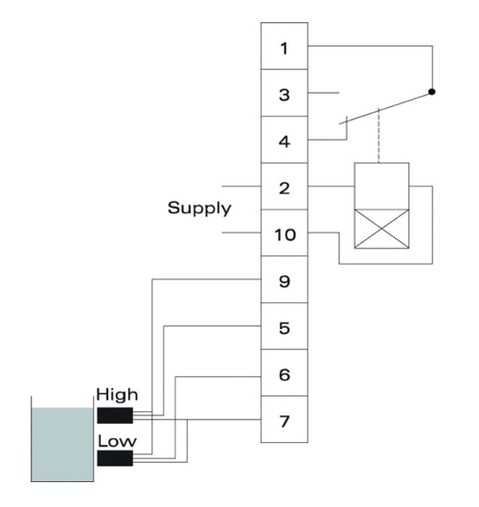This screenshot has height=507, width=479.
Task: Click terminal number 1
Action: (285, 46)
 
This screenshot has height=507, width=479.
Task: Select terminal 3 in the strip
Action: (285, 93)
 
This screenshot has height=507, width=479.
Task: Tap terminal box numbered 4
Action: (285, 140)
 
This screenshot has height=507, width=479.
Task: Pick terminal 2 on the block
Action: (285, 187)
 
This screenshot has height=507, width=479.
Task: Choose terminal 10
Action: (285, 232)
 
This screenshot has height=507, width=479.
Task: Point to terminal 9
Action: (285, 279)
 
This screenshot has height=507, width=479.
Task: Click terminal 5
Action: (285, 326)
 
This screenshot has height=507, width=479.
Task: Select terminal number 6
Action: (285, 373)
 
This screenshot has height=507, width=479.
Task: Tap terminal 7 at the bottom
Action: (285, 419)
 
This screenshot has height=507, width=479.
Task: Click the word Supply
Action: (199, 209)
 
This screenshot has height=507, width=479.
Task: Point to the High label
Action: (117, 395)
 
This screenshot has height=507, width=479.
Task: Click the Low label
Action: (117, 441)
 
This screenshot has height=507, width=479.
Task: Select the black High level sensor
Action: (115, 415)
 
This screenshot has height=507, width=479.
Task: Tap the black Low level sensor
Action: (115, 458)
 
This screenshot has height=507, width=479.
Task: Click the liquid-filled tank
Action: (62, 445)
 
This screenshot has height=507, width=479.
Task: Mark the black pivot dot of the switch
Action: (432, 92)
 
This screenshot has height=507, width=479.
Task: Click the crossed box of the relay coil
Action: (382, 229)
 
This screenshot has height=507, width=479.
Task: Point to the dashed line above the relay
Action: (378, 136)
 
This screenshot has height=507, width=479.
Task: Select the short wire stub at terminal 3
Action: (324, 93)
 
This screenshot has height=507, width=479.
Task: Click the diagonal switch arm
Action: (385, 108)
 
